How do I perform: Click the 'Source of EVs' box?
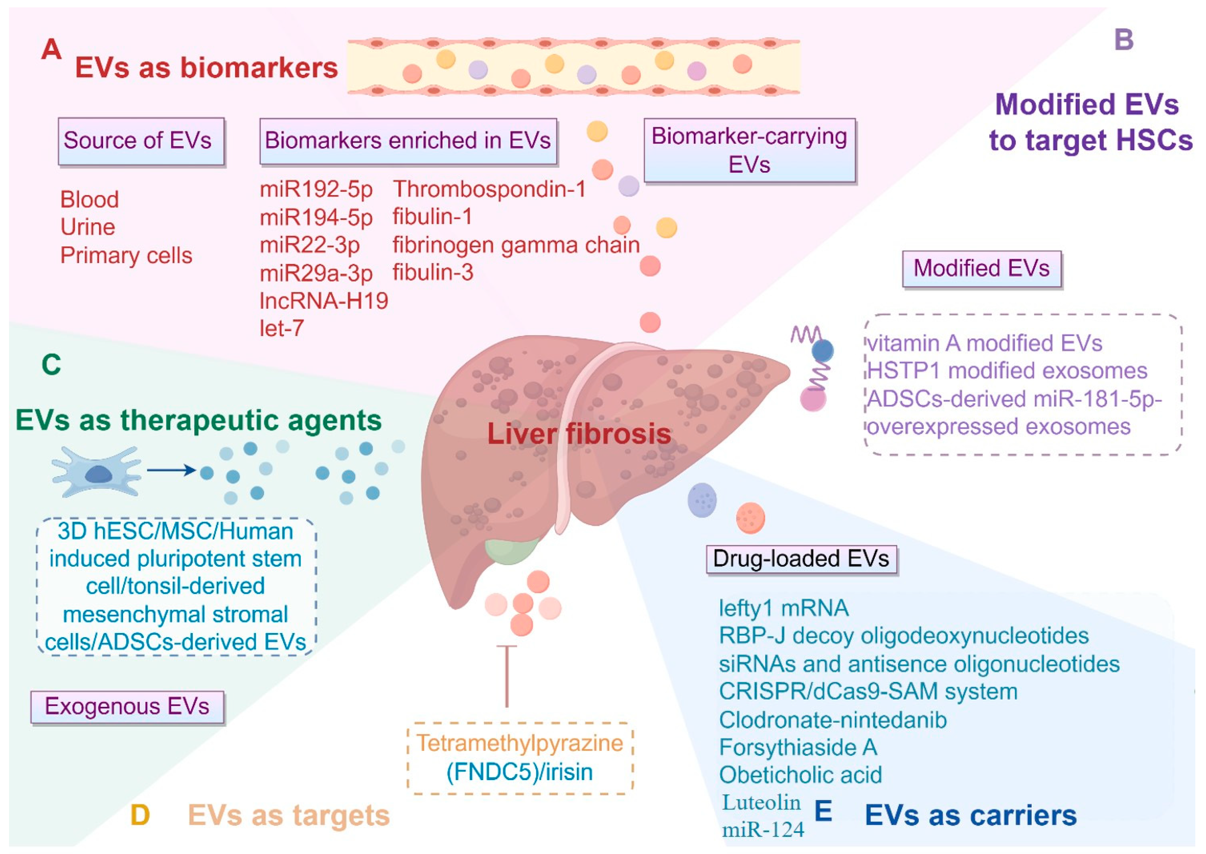point(141,141)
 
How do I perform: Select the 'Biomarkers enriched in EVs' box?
point(408,141)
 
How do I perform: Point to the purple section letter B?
point(1123,40)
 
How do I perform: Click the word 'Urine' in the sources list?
point(87,227)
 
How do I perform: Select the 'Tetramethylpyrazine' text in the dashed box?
point(520,743)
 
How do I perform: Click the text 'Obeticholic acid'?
point(800,775)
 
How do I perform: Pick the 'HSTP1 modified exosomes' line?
point(1007,371)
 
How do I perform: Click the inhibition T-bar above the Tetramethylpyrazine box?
point(507,676)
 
